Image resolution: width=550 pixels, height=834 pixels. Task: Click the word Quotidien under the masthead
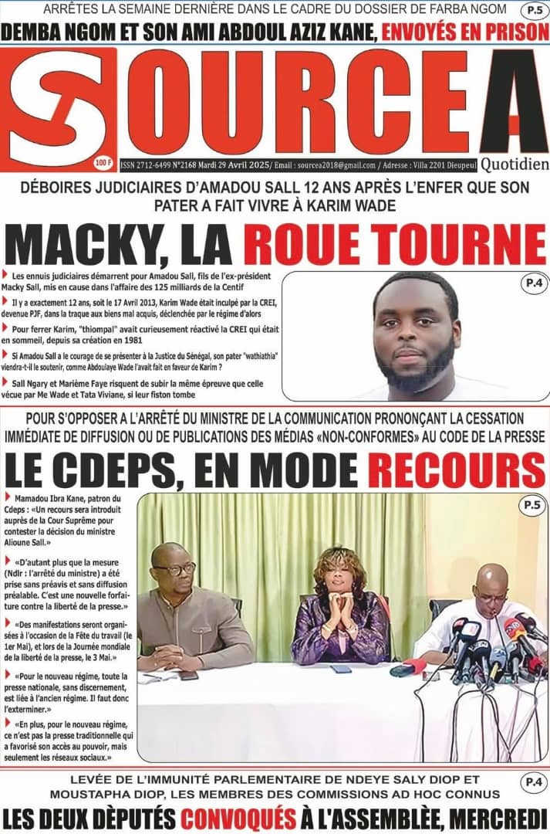click(x=515, y=164)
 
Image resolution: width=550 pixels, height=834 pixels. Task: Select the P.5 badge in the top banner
click(x=532, y=10)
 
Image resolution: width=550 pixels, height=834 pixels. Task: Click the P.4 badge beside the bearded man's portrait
click(x=533, y=283)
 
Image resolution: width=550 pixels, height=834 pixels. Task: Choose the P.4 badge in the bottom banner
click(x=531, y=781)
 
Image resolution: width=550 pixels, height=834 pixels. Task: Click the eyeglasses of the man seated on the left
click(x=175, y=569)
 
